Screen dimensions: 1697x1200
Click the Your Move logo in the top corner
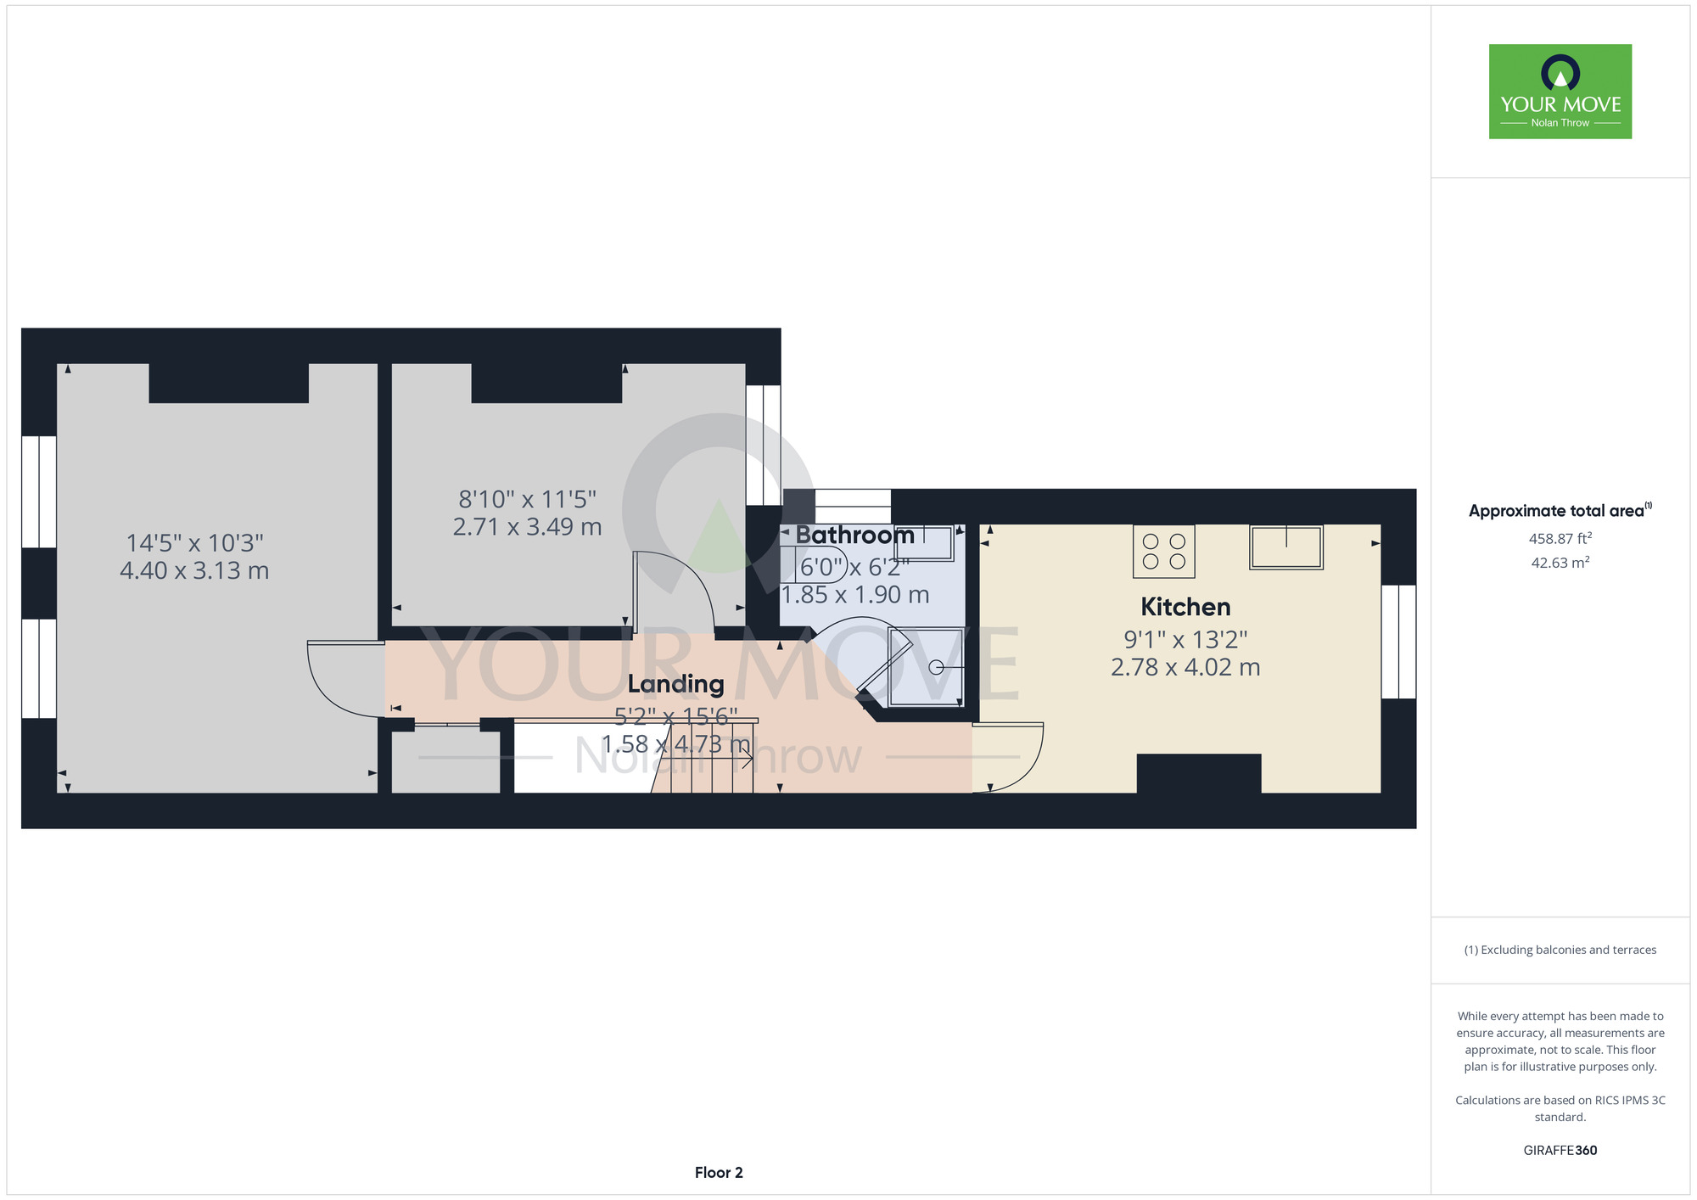coord(1560,92)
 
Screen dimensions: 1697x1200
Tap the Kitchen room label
coord(1185,607)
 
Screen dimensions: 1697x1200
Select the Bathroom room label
coord(854,535)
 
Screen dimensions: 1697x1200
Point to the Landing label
coord(675,684)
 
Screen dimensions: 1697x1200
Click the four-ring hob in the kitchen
coord(1164,551)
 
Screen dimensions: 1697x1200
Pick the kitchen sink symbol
coord(1286,547)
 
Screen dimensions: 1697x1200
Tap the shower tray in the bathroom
coord(926,667)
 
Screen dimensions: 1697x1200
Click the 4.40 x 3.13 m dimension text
coord(194,570)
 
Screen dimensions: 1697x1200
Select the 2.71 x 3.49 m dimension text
coord(527,527)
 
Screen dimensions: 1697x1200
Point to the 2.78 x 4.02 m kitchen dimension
coord(1185,667)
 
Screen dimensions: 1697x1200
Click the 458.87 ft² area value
coord(1560,538)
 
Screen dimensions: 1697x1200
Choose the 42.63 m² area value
coord(1560,563)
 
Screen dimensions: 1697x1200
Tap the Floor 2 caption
coord(719,1173)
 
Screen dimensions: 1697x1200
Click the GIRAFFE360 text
coord(1560,1151)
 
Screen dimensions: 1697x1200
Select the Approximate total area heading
coord(1560,510)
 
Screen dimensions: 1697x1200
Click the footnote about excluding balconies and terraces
coord(1560,950)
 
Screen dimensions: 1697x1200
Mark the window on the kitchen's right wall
coord(1398,642)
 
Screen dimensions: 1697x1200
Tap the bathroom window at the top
coord(853,507)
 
